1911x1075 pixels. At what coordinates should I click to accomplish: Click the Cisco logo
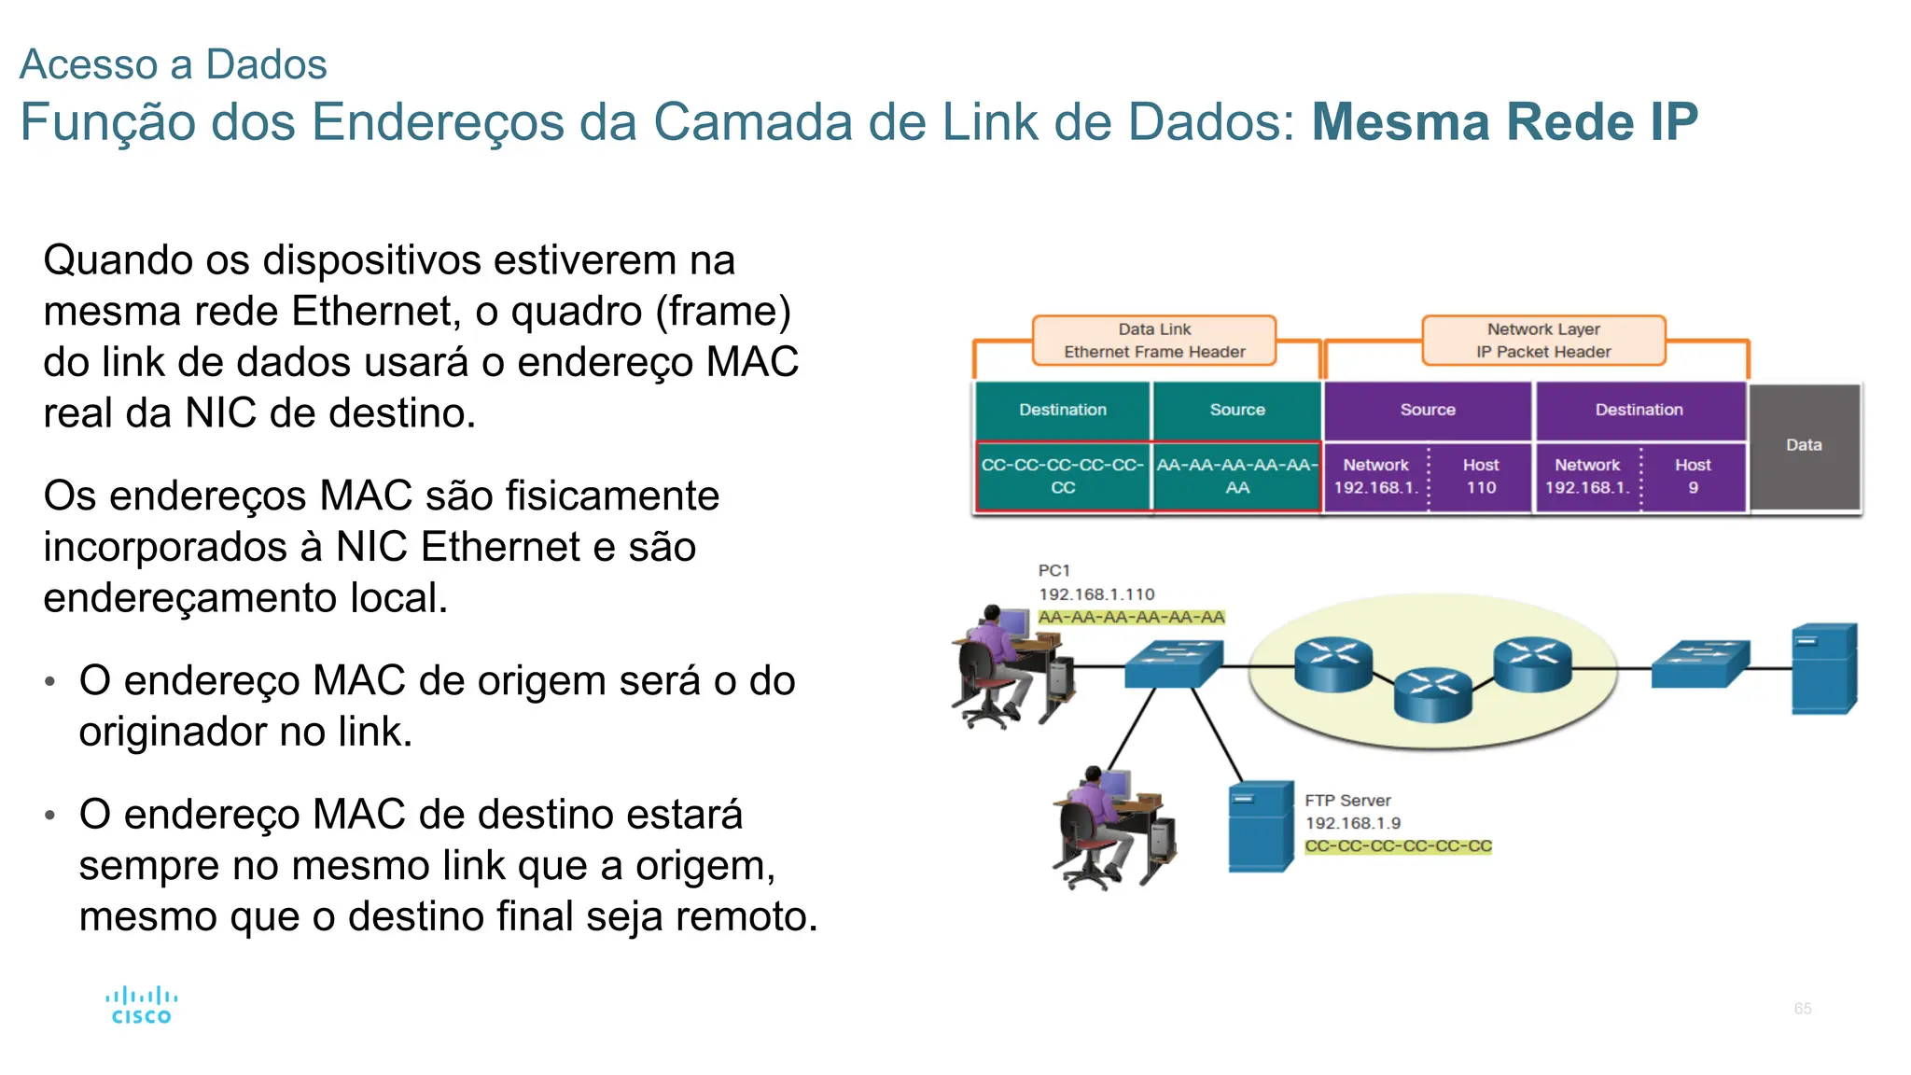[x=141, y=1006]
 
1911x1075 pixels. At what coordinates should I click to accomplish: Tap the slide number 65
[x=1802, y=1009]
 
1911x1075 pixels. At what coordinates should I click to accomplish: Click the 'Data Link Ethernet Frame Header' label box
[x=1154, y=341]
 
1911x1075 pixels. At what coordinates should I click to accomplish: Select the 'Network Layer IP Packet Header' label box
[x=1543, y=341]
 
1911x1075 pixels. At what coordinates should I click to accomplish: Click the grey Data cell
[x=1804, y=446]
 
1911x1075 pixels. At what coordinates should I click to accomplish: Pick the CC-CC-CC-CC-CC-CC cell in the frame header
[x=1063, y=477]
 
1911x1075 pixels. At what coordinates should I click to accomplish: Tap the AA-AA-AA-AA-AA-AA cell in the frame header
[x=1237, y=477]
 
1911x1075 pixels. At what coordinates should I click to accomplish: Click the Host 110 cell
[x=1481, y=477]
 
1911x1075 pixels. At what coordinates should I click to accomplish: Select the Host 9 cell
[x=1693, y=477]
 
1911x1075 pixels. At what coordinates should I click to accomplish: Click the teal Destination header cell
[x=1063, y=410]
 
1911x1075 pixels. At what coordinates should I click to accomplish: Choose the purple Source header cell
[x=1428, y=410]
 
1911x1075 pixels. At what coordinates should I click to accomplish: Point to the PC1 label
[x=1054, y=570]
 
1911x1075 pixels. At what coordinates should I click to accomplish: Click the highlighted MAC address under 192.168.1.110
[x=1131, y=618]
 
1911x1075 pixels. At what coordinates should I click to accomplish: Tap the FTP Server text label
[x=1347, y=801]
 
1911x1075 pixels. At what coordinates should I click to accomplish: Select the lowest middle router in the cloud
[x=1432, y=694]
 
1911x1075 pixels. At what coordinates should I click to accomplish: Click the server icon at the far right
[x=1824, y=669]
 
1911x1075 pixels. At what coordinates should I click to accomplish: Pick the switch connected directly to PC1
[x=1173, y=663]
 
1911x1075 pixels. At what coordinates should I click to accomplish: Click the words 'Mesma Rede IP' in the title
[x=1504, y=122]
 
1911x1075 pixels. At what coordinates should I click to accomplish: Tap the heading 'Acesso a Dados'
[x=174, y=64]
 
